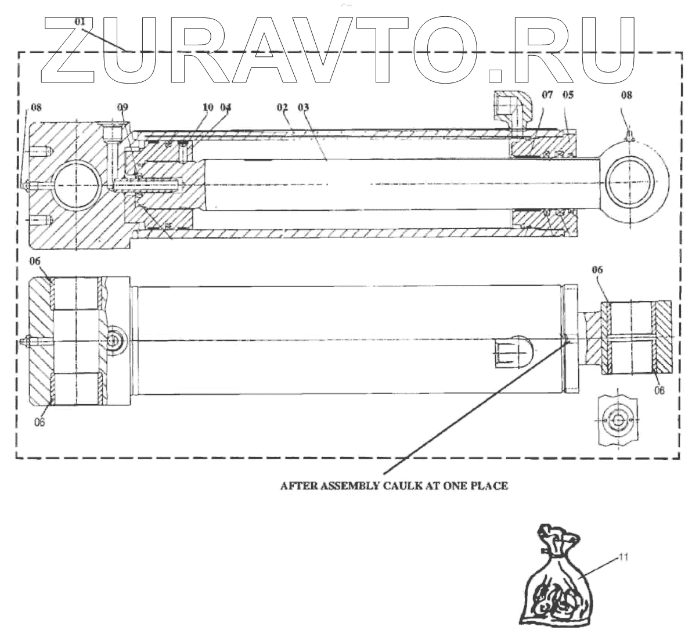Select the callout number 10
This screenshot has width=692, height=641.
coord(208,107)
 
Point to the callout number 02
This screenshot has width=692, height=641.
coord(282,107)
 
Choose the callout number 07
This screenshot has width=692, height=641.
coord(549,94)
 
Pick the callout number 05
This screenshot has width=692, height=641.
coord(568,94)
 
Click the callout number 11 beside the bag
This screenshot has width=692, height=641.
coord(624,555)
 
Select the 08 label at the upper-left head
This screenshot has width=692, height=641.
coord(36,107)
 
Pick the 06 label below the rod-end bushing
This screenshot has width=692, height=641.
coord(658,391)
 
